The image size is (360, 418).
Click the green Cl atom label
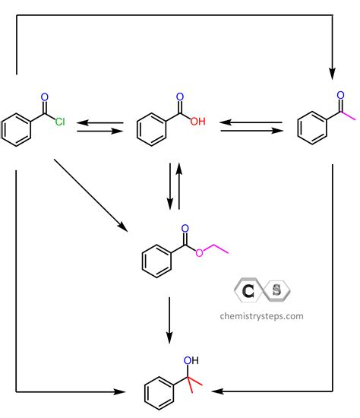click(60, 122)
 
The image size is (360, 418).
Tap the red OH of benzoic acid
click(198, 122)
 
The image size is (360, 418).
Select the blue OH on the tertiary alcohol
click(191, 360)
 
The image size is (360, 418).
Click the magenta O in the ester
click(199, 253)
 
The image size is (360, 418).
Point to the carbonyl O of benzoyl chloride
click(45, 97)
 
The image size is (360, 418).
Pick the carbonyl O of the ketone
click(340, 95)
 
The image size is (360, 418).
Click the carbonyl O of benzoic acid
click(180, 97)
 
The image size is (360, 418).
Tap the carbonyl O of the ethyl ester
click(185, 229)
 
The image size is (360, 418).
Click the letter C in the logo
click(248, 291)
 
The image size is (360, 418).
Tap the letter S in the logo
click(276, 290)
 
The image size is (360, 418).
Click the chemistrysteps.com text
click(262, 316)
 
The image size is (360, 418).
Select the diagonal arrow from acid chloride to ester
click(91, 195)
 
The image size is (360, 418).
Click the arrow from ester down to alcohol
click(169, 321)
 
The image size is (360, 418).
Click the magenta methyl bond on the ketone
click(349, 116)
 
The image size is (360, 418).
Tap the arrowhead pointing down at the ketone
click(332, 74)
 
